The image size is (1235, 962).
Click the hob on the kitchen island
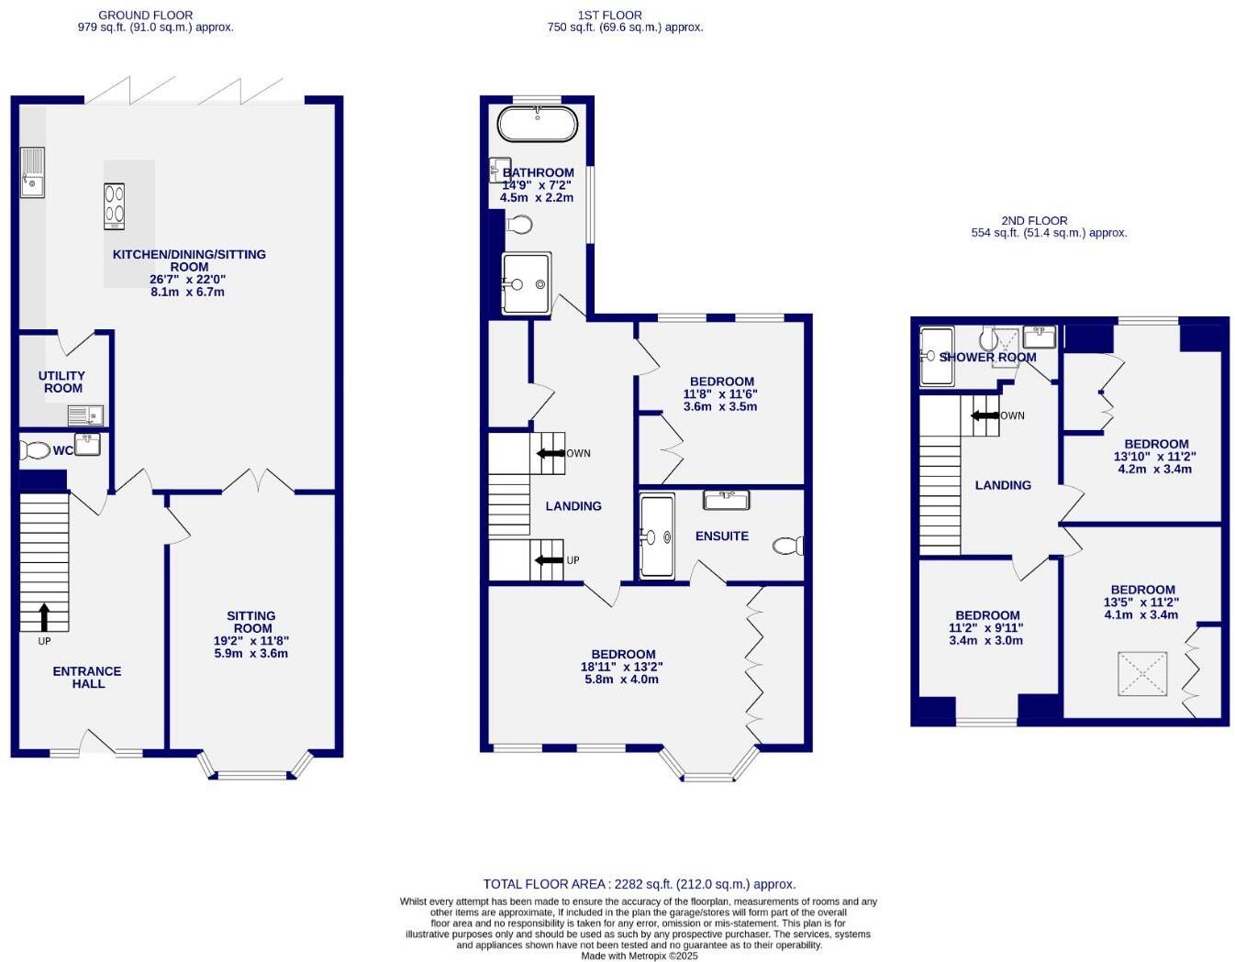[114, 206]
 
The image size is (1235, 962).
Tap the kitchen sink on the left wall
[32, 173]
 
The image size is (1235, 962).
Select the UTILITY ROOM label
[62, 381]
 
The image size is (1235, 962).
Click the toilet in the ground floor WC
[36, 450]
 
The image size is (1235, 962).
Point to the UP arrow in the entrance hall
[44, 617]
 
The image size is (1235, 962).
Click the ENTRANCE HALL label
[87, 678]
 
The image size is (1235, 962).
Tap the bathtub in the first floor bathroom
[538, 124]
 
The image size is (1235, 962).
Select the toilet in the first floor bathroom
[519, 225]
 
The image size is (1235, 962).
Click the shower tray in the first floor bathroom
[526, 282]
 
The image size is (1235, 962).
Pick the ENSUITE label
[721, 536]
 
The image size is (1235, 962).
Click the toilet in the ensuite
[788, 547]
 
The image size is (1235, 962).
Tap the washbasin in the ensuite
[726, 500]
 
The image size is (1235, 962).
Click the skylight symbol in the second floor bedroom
[1142, 674]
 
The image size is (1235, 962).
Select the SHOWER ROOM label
[987, 357]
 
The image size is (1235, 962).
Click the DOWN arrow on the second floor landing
[985, 415]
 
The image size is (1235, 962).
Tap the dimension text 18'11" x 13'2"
[621, 667]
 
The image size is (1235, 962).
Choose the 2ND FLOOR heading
[1034, 221]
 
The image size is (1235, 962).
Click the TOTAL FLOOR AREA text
[640, 884]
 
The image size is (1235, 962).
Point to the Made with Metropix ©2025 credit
[640, 956]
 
